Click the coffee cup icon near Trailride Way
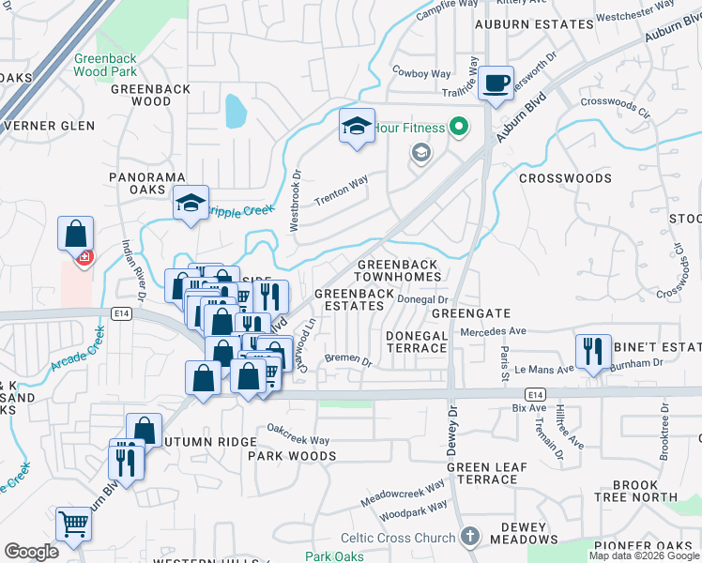(x=496, y=84)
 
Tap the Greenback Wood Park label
(x=105, y=64)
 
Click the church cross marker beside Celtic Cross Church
(x=470, y=538)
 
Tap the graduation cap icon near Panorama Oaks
(x=191, y=203)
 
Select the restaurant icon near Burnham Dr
(x=592, y=351)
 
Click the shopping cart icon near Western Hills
(x=73, y=522)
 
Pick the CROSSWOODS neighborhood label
(x=565, y=178)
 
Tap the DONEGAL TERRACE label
(x=417, y=342)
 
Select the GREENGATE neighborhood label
(x=471, y=313)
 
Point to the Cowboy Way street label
(x=421, y=73)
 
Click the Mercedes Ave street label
(x=493, y=331)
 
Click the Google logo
(x=31, y=552)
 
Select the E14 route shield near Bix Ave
(x=535, y=396)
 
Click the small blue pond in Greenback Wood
(x=235, y=112)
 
